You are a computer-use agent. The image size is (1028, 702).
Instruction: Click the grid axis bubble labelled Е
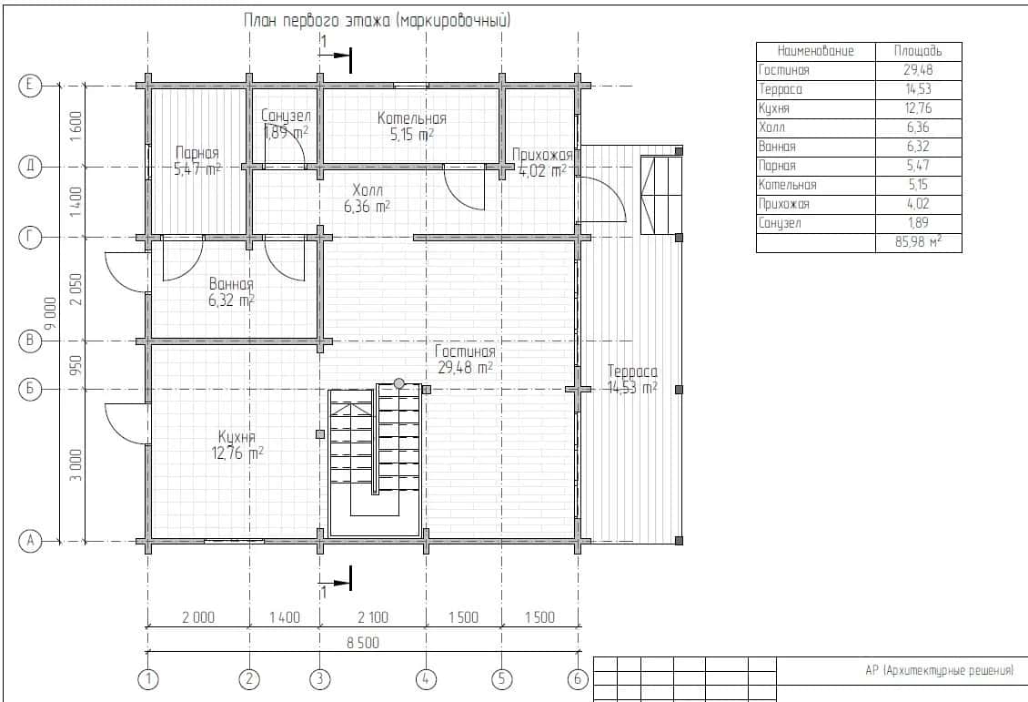(x=29, y=86)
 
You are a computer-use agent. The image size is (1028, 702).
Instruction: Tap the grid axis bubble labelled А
(x=29, y=541)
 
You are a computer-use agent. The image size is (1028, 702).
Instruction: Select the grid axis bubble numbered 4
(x=426, y=679)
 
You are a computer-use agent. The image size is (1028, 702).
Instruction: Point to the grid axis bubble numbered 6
(x=578, y=679)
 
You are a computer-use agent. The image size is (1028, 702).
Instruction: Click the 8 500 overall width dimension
(x=363, y=643)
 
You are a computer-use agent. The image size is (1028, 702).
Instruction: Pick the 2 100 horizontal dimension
(x=373, y=617)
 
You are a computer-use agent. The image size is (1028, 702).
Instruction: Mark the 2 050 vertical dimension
(x=76, y=290)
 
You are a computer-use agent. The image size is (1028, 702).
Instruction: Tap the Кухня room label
(x=237, y=437)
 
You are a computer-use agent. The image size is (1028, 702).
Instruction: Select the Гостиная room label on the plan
(x=465, y=351)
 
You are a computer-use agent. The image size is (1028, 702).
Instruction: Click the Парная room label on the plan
(x=197, y=154)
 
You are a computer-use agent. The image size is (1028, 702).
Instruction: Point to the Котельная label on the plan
(x=412, y=118)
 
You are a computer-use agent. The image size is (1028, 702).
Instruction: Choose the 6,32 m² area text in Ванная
(x=231, y=300)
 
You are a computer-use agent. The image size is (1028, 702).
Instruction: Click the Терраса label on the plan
(x=632, y=371)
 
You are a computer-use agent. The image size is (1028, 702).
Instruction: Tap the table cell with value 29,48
(x=918, y=69)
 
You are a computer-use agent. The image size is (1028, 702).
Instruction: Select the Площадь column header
(x=918, y=50)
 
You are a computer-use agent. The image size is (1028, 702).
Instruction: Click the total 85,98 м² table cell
(x=918, y=242)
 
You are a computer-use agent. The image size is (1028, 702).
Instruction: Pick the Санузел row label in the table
(x=780, y=223)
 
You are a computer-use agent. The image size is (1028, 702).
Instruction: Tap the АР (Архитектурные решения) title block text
(x=939, y=670)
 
